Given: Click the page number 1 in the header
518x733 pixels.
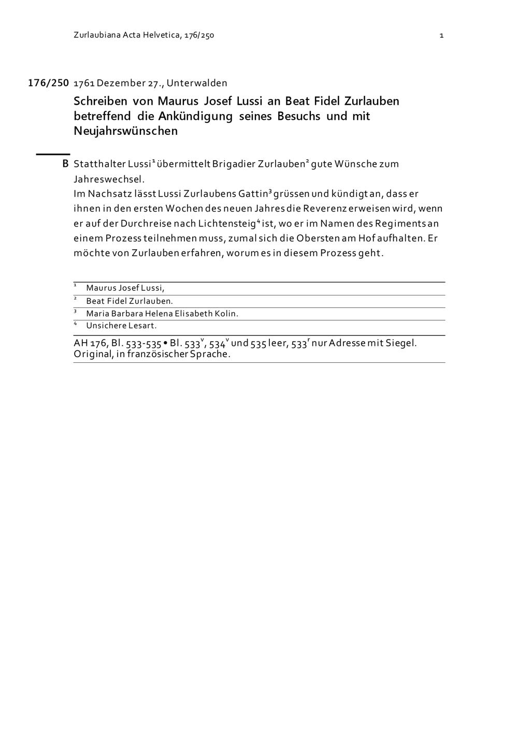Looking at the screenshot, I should click(x=441, y=36).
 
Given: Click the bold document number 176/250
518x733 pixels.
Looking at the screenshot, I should click(x=48, y=83).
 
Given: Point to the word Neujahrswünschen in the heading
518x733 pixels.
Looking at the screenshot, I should click(x=126, y=131).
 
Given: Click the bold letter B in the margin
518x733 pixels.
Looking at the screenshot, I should click(x=65, y=164).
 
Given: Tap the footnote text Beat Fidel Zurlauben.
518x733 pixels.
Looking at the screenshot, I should click(x=129, y=301).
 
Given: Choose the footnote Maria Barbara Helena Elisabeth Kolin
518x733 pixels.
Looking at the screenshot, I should click(x=162, y=314).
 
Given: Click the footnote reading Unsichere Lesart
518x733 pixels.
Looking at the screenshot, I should click(x=121, y=326).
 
